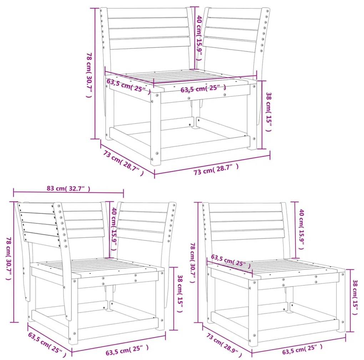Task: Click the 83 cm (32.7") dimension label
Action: [69, 188]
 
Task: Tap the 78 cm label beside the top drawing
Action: [89, 75]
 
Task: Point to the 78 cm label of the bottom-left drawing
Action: [9, 258]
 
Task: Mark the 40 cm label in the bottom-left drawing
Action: [114, 229]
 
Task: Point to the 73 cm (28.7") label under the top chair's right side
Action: [216, 169]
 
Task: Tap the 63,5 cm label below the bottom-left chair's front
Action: [127, 350]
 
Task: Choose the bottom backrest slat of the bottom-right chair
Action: [248, 235]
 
